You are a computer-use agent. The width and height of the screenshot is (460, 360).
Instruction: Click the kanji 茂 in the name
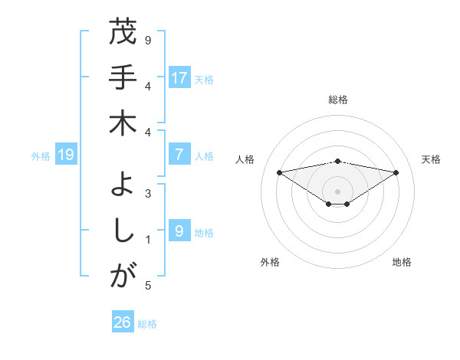(123, 33)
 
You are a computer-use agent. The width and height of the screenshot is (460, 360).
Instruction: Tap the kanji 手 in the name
(123, 77)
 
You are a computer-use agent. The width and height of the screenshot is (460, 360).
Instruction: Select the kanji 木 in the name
(123, 123)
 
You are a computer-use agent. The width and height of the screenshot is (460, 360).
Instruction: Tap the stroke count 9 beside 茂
(148, 39)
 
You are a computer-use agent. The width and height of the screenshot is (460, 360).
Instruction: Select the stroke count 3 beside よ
(148, 193)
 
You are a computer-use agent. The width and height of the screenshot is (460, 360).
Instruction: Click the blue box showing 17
(179, 78)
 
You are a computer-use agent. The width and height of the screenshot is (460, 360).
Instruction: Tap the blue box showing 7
(179, 155)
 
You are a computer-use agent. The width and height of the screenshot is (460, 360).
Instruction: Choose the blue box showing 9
(179, 231)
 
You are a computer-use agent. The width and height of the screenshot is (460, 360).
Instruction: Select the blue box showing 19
(66, 155)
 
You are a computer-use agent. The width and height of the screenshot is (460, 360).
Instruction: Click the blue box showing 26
(123, 322)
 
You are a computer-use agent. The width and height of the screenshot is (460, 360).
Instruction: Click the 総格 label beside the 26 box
(147, 324)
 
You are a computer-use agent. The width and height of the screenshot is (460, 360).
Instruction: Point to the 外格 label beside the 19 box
(41, 156)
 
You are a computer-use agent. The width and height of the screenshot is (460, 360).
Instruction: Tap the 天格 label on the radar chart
(431, 159)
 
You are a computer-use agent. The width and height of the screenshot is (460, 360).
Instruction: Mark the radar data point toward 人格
(279, 172)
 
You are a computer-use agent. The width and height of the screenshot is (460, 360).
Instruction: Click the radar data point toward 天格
(396, 172)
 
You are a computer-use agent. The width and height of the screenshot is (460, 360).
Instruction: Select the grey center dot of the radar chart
(337, 191)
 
